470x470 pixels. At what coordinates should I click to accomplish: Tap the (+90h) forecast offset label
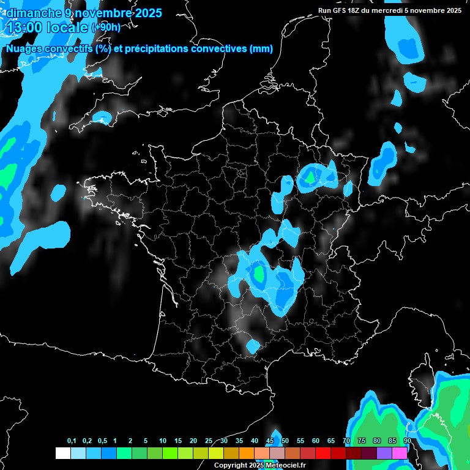tap(106, 28)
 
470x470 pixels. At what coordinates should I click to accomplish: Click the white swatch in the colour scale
tap(62, 453)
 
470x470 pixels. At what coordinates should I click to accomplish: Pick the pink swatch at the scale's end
tap(400, 453)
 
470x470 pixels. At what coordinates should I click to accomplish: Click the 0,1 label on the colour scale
tap(71, 441)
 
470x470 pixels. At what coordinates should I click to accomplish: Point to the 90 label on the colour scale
tap(407, 441)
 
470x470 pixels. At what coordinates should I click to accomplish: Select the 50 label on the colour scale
tap(285, 441)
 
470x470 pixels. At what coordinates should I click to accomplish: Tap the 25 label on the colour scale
tap(208, 441)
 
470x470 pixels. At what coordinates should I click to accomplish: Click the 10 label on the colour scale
tap(162, 441)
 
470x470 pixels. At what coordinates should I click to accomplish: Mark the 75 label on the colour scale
tap(361, 441)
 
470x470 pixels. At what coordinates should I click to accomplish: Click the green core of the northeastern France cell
tap(310, 177)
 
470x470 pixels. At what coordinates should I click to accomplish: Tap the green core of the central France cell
tap(259, 273)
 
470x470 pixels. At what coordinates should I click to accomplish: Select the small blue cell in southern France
tap(253, 346)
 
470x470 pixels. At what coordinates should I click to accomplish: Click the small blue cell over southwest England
tap(103, 116)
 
